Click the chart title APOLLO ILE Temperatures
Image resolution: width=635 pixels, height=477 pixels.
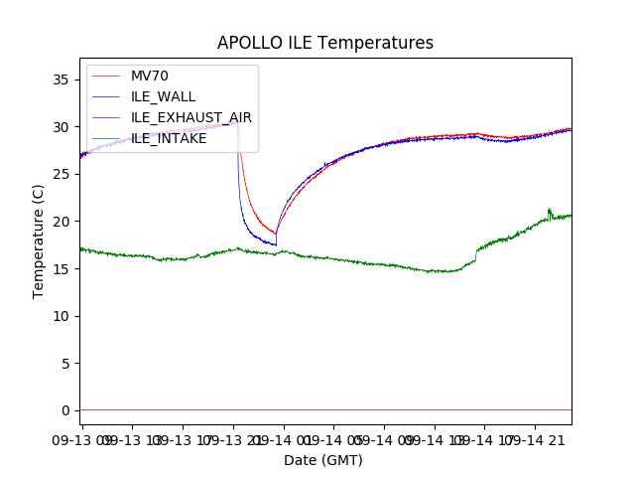point(325,44)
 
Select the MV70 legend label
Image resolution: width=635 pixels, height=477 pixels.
point(150,76)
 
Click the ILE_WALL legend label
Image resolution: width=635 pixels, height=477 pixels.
point(163,96)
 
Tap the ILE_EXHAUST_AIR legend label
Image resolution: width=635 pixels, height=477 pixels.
point(191,117)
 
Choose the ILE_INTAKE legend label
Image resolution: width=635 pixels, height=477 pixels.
point(169,138)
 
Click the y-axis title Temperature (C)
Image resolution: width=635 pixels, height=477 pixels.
point(39,240)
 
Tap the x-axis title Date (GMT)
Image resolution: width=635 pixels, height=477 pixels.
point(323,460)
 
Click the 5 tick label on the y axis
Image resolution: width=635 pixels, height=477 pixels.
point(64,363)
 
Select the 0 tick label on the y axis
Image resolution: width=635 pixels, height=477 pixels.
point(64,410)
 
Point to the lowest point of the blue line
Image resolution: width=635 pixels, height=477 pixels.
point(276,244)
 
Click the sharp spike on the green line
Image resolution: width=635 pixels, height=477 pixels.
point(549,210)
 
